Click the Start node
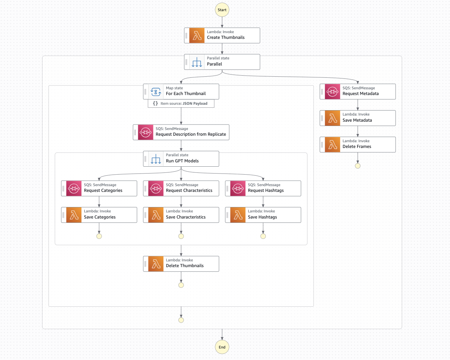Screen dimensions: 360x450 click(x=222, y=10)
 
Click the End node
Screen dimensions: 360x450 click(x=222, y=347)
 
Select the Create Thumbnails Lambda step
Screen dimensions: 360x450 click(x=226, y=35)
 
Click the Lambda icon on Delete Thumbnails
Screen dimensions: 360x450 click(x=156, y=264)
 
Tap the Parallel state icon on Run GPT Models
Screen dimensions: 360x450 click(x=156, y=159)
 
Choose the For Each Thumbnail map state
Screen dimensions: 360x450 click(x=185, y=91)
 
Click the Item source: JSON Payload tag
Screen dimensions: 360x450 click(x=181, y=103)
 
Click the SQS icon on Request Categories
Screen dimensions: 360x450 click(x=74, y=188)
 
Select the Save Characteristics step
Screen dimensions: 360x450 click(x=185, y=215)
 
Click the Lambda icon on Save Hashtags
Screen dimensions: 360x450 click(x=238, y=215)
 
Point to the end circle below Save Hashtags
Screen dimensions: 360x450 click(x=263, y=236)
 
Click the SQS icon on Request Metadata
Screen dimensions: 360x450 click(x=333, y=91)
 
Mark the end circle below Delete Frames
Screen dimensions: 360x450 click(x=357, y=166)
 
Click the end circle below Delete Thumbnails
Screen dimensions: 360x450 click(x=181, y=285)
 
